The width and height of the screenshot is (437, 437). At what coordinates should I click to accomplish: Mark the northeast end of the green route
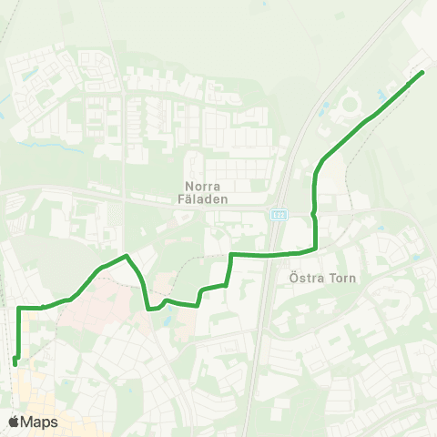[423, 72]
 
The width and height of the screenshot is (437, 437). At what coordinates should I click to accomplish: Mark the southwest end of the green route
[15, 364]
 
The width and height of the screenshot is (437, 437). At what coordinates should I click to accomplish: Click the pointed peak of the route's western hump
[126, 256]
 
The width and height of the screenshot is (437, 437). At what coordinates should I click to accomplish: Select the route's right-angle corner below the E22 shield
[315, 247]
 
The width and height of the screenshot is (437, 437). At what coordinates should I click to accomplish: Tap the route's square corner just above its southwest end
[20, 309]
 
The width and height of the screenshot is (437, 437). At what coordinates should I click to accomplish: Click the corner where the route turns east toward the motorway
[231, 254]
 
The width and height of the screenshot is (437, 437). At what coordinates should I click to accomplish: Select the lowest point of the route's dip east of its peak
[149, 309]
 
